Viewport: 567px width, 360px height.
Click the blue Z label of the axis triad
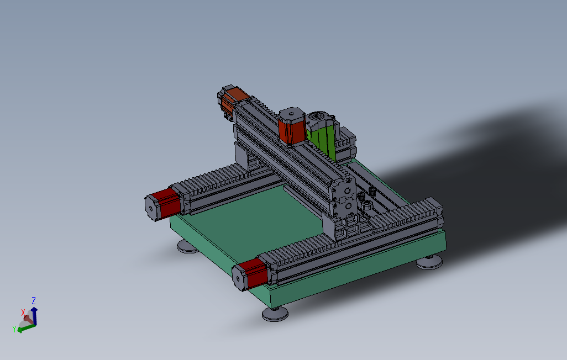point(34,301)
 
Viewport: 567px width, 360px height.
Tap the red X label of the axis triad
point(23,313)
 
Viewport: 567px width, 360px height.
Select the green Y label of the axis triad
point(14,329)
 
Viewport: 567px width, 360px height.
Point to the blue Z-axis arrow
point(34,315)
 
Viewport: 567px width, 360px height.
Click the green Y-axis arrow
point(26,328)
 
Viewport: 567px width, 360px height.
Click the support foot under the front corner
point(275,314)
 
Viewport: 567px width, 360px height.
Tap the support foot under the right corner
point(429,262)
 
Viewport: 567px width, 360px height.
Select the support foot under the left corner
point(187,246)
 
